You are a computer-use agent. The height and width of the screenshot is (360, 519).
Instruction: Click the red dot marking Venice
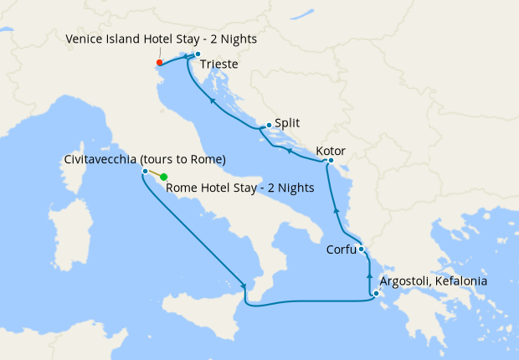tap(159, 62)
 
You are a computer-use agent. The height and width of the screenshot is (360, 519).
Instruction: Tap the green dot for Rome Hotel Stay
tap(164, 177)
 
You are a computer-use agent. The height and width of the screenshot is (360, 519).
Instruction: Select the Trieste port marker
tap(198, 55)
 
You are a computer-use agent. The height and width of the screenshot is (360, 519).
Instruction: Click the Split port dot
tap(268, 126)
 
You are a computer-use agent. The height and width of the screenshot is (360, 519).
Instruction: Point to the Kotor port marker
tap(331, 160)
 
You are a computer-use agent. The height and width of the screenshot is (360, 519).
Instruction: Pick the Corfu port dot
tap(361, 249)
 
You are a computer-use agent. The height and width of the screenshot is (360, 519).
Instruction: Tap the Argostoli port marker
tap(376, 293)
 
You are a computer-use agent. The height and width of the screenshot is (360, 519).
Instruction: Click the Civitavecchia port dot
tap(146, 172)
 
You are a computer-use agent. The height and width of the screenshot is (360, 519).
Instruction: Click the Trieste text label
tap(220, 64)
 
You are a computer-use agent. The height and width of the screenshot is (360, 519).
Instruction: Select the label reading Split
tap(288, 122)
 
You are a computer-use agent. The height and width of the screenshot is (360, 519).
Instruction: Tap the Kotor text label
tap(331, 152)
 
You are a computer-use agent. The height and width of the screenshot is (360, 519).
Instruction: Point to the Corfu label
tap(341, 249)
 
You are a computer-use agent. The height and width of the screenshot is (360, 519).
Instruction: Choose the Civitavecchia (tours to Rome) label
tap(145, 159)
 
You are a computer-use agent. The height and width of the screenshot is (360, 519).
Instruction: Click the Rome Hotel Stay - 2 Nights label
tap(240, 188)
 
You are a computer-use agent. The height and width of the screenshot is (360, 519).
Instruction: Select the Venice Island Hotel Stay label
tap(162, 39)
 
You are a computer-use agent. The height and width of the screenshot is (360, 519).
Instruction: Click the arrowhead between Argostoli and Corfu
tap(369, 275)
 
